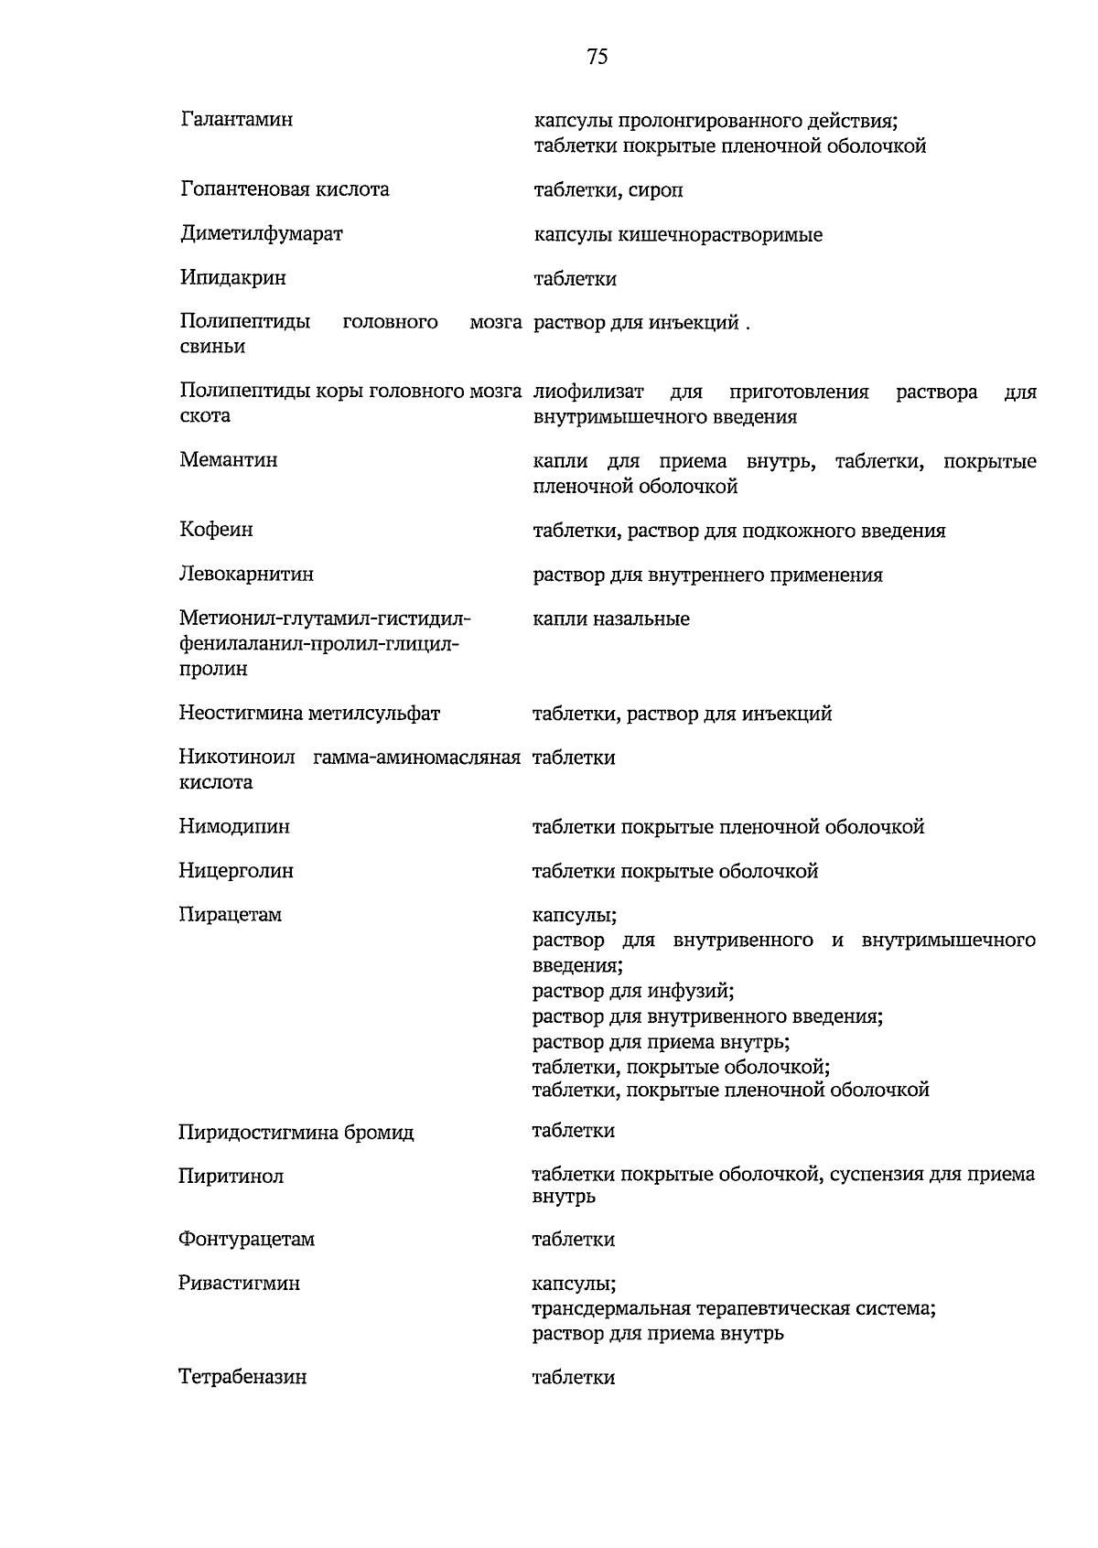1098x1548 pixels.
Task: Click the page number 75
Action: (597, 58)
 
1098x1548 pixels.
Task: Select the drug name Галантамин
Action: (237, 119)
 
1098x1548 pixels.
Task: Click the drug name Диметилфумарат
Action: (262, 233)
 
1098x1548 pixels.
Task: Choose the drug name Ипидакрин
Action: (233, 277)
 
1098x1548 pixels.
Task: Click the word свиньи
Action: (212, 347)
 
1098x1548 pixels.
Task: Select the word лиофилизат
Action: (588, 392)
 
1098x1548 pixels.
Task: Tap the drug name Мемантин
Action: (229, 459)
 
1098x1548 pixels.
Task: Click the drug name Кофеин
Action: (217, 530)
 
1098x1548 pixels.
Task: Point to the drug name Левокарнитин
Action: (246, 574)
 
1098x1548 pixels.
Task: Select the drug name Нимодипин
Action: (234, 826)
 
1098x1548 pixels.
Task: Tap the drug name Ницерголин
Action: (236, 871)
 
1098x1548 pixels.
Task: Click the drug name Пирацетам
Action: (231, 915)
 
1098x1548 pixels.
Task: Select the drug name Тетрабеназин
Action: (242, 1377)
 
